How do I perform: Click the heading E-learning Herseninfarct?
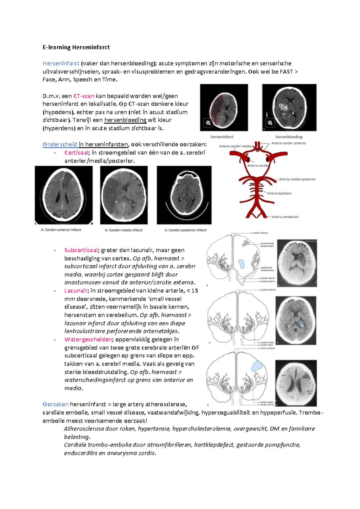point(76,47)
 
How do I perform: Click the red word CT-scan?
point(84,96)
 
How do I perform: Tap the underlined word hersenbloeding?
point(125,120)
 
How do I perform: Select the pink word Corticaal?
point(76,152)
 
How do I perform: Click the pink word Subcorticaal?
point(81,250)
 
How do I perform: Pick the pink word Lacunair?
point(76,291)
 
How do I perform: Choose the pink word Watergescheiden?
point(88,339)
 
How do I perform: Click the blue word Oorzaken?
point(55,404)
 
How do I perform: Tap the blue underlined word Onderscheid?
point(60,144)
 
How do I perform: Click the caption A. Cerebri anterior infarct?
point(61,230)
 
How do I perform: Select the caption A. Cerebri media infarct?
point(124,230)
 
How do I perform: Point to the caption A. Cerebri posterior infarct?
point(185,230)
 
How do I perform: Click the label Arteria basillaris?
point(279,193)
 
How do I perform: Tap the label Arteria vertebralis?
point(285,217)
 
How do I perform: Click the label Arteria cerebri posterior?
point(297,179)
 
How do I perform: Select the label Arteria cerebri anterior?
point(289,143)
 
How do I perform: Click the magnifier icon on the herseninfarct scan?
point(208,123)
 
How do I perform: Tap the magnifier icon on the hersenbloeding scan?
point(270,123)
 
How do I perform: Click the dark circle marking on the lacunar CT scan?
point(301,323)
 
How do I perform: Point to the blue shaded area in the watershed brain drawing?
point(257,366)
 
